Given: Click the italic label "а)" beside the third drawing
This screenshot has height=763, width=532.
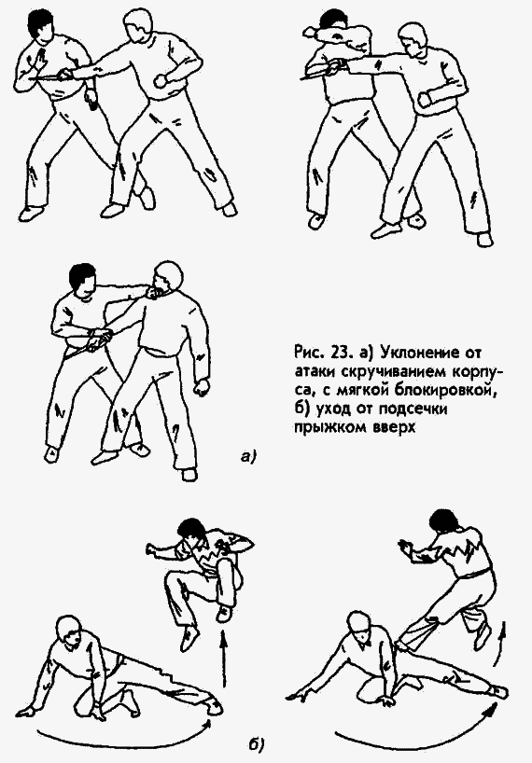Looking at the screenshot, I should (x=247, y=456).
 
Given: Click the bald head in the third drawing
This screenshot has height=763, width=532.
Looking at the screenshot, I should (x=168, y=278).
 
